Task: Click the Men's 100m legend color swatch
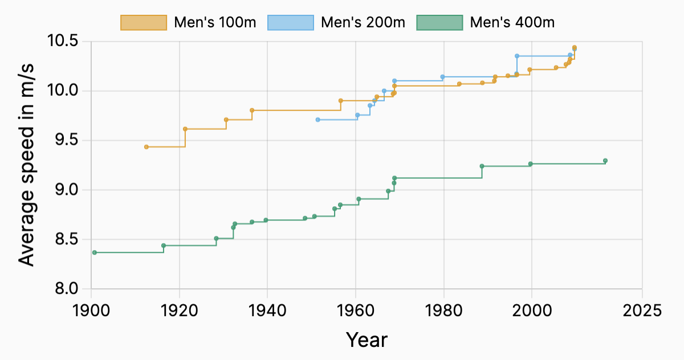click(144, 22)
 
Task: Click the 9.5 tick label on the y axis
click(66, 141)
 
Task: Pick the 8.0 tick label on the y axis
click(66, 289)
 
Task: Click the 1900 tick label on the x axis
click(91, 311)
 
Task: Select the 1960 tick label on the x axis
click(356, 311)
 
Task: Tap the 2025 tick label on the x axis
click(642, 311)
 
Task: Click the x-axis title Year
click(367, 339)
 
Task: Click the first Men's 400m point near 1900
click(95, 252)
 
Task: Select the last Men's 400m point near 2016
click(605, 161)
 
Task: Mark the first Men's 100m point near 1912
click(146, 147)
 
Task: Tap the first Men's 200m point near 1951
click(317, 120)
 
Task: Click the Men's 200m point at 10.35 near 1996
click(517, 56)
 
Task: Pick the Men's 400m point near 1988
click(482, 166)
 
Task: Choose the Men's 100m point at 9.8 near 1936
click(252, 111)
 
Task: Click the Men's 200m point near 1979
click(443, 77)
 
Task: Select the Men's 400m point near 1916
click(164, 246)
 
